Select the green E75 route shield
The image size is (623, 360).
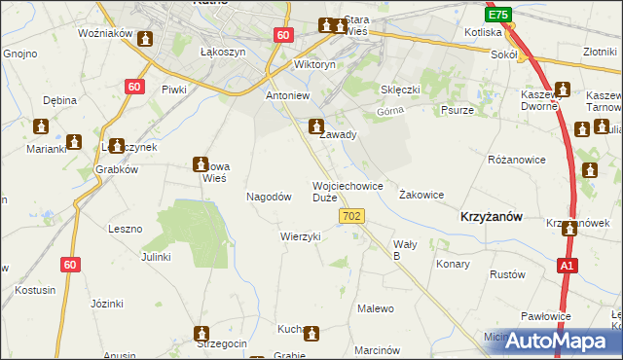(x=498, y=15)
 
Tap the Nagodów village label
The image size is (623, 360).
(x=270, y=197)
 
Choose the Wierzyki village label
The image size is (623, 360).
(x=300, y=236)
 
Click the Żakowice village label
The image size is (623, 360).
(x=421, y=195)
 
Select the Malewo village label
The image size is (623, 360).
(x=376, y=308)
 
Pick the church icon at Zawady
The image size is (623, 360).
(x=316, y=126)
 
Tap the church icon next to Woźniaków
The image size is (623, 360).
(x=146, y=39)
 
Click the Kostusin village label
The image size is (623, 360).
(x=35, y=290)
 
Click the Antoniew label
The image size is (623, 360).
(x=288, y=96)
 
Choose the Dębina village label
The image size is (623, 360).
(x=59, y=100)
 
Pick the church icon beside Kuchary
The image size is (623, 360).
(x=311, y=334)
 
